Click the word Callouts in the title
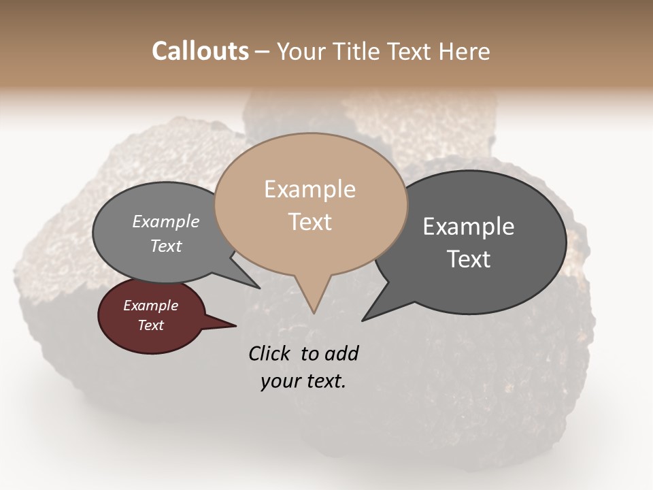pos(200,51)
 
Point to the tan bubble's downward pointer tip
pos(313,312)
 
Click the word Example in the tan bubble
pos(309,189)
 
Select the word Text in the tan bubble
pos(309,222)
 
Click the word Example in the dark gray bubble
pos(469,227)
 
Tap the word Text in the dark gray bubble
pos(469,259)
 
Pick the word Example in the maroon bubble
pos(150,306)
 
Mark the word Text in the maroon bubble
pos(150,325)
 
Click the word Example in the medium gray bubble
pos(166,221)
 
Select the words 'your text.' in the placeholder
pos(303,381)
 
